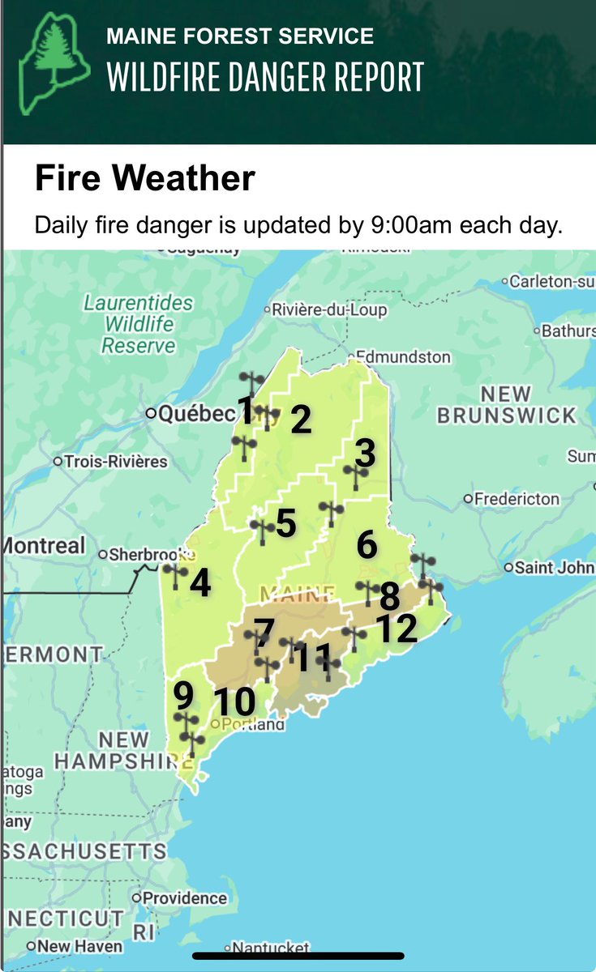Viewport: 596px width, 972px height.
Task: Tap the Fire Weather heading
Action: [144, 178]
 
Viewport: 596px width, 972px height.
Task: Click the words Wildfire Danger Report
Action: [265, 78]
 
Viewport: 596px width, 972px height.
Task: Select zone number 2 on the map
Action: [301, 420]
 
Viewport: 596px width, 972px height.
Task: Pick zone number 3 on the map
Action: [366, 453]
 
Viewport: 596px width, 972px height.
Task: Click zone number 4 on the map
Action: [199, 582]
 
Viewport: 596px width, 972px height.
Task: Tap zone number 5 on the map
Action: [285, 523]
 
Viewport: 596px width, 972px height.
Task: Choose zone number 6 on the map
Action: [367, 544]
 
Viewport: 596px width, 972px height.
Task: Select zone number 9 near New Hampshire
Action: [183, 694]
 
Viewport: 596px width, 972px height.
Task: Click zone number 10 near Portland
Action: [234, 702]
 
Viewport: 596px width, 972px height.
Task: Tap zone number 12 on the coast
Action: [395, 628]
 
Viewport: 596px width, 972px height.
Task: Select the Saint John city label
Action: [554, 567]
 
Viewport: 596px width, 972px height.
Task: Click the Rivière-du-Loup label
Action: [330, 310]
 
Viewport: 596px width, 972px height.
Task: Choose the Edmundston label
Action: [403, 356]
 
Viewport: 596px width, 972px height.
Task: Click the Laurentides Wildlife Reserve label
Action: [138, 324]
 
